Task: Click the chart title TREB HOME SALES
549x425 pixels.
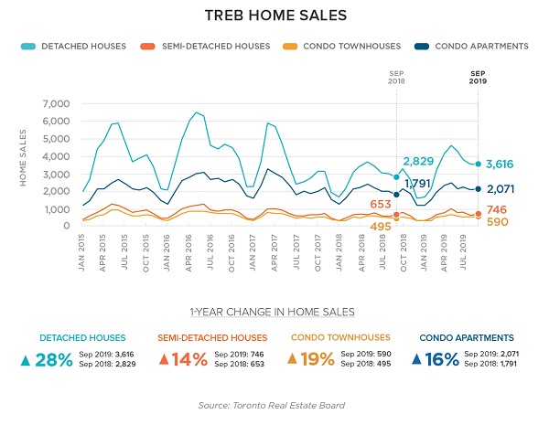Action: pyautogui.click(x=274, y=16)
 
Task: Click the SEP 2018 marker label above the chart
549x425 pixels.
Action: pyautogui.click(x=397, y=76)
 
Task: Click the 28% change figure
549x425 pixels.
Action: pyautogui.click(x=53, y=359)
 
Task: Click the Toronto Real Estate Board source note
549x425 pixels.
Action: pyautogui.click(x=274, y=405)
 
